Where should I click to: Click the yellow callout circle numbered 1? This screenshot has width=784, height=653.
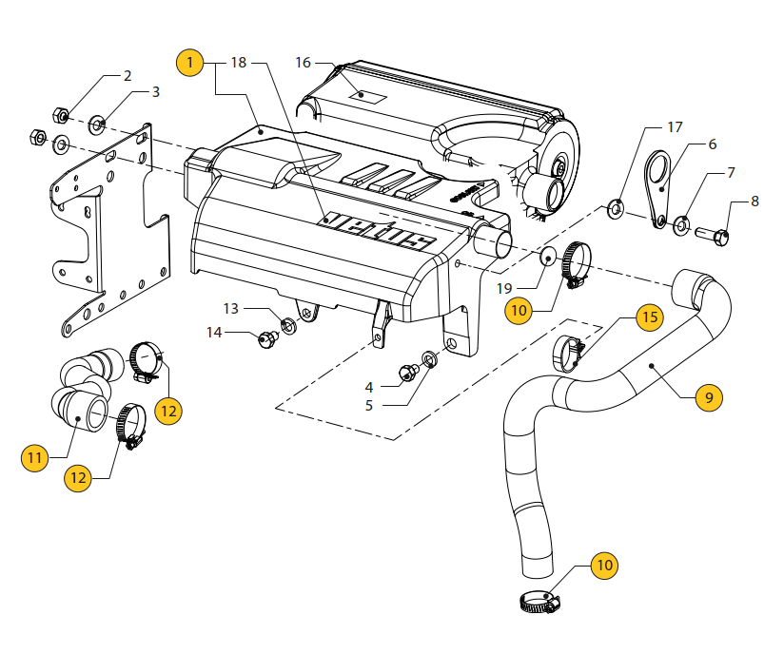point(190,63)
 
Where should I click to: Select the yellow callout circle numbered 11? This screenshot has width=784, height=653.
point(35,458)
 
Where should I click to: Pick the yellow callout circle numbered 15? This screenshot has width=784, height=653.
point(648,317)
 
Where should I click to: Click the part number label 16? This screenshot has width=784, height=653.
point(303,63)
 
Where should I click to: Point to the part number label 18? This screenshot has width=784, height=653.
point(238,63)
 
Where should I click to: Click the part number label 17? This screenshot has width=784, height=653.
point(675,126)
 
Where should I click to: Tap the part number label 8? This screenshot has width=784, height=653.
point(755,202)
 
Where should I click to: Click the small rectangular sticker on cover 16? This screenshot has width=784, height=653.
point(365,95)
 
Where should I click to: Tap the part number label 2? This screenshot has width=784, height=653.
point(127,75)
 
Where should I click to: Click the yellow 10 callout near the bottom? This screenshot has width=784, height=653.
point(604,565)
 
